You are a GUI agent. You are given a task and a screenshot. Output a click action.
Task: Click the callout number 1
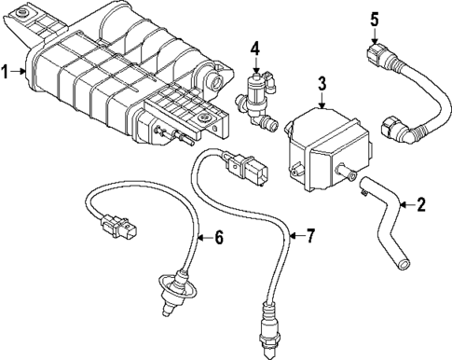pyautogui.click(x=7, y=72)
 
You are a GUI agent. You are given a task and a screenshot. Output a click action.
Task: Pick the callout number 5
pyautogui.click(x=374, y=18)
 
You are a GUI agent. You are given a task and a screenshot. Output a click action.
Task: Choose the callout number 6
pyautogui.click(x=220, y=237)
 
